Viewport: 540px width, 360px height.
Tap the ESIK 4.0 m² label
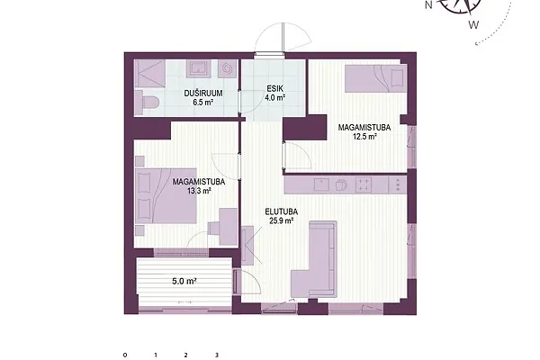tap(274, 93)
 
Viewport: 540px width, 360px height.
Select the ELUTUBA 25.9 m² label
tap(282, 216)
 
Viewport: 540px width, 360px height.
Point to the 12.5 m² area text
tap(364, 137)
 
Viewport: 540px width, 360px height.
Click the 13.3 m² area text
tap(199, 191)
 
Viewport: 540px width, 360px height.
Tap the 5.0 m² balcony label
tap(184, 281)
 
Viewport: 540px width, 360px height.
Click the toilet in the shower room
tap(147, 103)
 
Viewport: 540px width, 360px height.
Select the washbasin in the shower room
tap(198, 68)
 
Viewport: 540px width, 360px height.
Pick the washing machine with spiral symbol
tap(228, 68)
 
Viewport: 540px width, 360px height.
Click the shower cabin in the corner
tap(149, 73)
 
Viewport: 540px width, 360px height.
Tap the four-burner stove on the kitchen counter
tap(364, 184)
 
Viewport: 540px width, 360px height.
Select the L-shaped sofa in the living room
tap(314, 259)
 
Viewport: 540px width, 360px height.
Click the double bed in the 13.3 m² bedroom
tap(166, 195)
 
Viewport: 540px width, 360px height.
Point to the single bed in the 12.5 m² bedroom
tap(375, 79)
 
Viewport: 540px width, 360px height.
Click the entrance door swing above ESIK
tap(283, 38)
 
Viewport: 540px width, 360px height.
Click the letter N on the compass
tap(428, 5)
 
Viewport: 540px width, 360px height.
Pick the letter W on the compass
tap(474, 25)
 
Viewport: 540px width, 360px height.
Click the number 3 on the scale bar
tap(217, 355)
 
